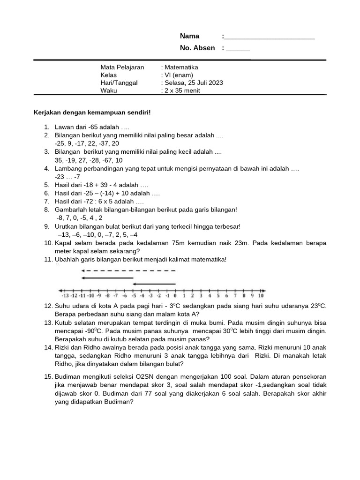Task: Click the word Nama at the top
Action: (190, 36)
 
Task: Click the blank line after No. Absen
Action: (238, 48)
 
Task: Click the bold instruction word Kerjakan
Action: (48, 112)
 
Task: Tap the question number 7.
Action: (47, 201)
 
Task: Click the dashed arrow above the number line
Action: (128, 270)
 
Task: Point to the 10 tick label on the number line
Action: (261, 296)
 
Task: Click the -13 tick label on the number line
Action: (65, 296)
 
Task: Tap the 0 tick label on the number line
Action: (175, 296)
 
